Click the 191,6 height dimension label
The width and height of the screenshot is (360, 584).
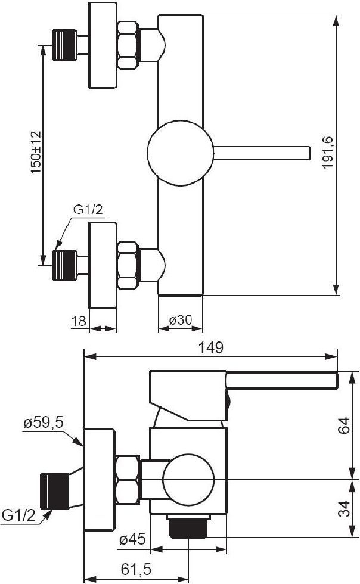click(x=328, y=152)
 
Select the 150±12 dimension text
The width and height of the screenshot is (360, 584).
click(x=36, y=152)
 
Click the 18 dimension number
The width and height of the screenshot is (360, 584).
click(x=79, y=321)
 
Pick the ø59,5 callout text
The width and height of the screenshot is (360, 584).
click(x=44, y=423)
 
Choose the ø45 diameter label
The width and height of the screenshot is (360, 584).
click(x=132, y=539)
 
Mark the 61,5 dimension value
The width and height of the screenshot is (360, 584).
click(x=136, y=569)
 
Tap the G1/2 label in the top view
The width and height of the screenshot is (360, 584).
click(x=88, y=210)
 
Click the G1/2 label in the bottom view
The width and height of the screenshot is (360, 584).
click(x=18, y=515)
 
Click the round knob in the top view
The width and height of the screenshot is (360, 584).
click(x=181, y=153)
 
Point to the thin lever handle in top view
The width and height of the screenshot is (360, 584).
click(x=262, y=153)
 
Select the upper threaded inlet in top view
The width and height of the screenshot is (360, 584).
click(x=64, y=45)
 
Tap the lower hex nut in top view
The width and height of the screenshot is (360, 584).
click(x=128, y=266)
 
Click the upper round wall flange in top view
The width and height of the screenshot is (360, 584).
click(x=103, y=45)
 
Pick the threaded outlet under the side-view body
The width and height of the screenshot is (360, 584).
click(x=188, y=526)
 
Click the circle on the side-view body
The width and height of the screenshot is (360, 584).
click(x=188, y=480)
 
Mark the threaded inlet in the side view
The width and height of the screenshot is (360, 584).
click(x=55, y=491)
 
